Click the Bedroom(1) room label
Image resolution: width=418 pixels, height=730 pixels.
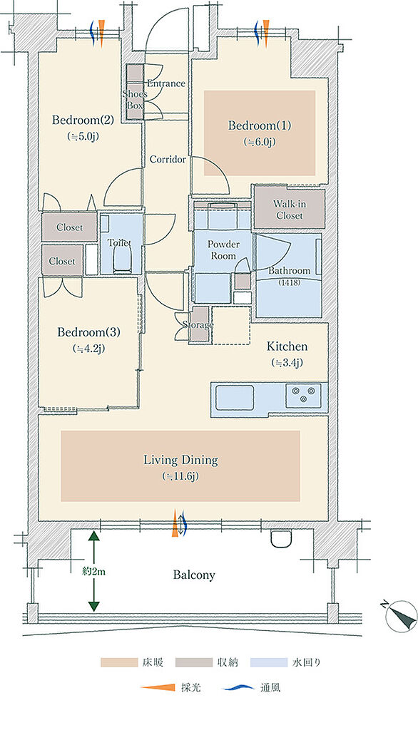coord(260,125)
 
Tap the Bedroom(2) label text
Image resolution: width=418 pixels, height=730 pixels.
coord(83,120)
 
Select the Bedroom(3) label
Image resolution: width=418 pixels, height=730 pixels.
coord(88,332)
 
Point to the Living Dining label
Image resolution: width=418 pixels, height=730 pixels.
coord(180,461)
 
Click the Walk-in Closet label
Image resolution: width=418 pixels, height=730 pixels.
coord(289,210)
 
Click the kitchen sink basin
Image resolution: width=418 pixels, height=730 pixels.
coord(235,397)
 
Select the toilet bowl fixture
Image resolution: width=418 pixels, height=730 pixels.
coord(122,258)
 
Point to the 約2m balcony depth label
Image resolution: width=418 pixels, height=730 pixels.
coord(93,571)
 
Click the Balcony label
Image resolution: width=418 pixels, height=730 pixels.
coord(194,575)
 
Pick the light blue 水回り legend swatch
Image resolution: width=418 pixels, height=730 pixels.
coord(269,662)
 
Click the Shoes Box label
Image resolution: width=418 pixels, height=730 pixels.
coord(135,100)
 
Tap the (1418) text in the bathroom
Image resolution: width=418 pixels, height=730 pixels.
coord(290,282)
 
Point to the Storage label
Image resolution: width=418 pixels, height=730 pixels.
coord(198,324)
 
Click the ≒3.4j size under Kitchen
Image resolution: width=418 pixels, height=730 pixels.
coord(287,363)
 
